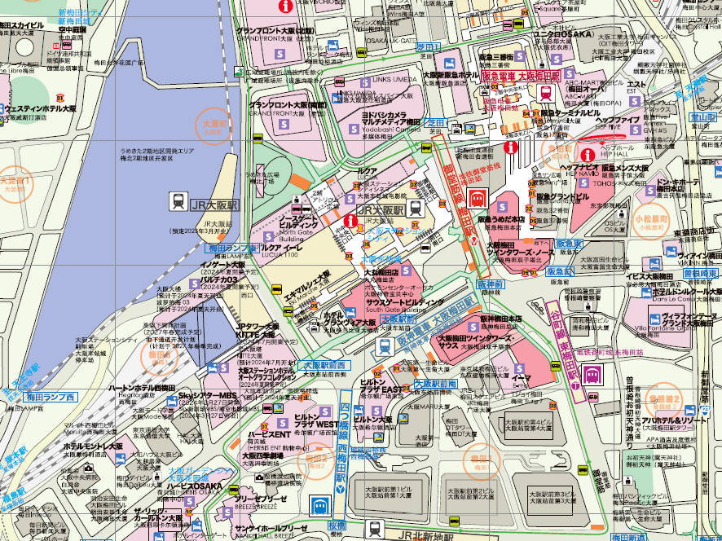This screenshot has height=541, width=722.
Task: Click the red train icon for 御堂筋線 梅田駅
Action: pyautogui.click(x=478, y=197)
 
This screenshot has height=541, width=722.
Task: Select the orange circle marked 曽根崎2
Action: pyautogui.click(x=666, y=402)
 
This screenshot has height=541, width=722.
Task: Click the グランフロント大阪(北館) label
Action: pyautogui.click(x=275, y=31)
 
